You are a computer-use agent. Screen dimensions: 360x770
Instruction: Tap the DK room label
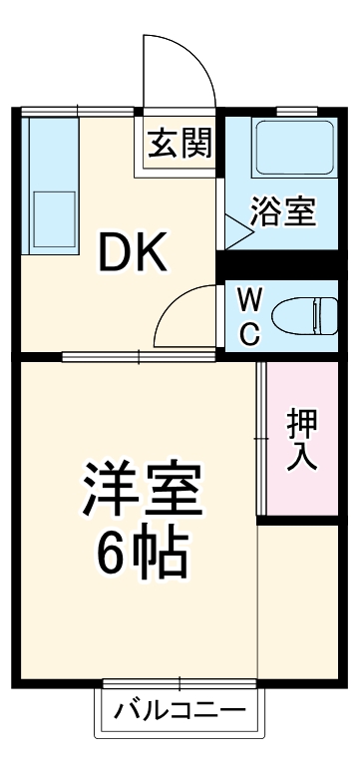[131, 256]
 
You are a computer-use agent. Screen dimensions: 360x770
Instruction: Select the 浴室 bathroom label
[282, 212]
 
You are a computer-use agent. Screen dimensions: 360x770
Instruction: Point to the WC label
[250, 316]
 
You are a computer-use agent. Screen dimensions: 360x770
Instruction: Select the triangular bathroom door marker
[236, 234]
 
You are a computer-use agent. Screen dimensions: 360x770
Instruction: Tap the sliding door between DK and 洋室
[140, 355]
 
